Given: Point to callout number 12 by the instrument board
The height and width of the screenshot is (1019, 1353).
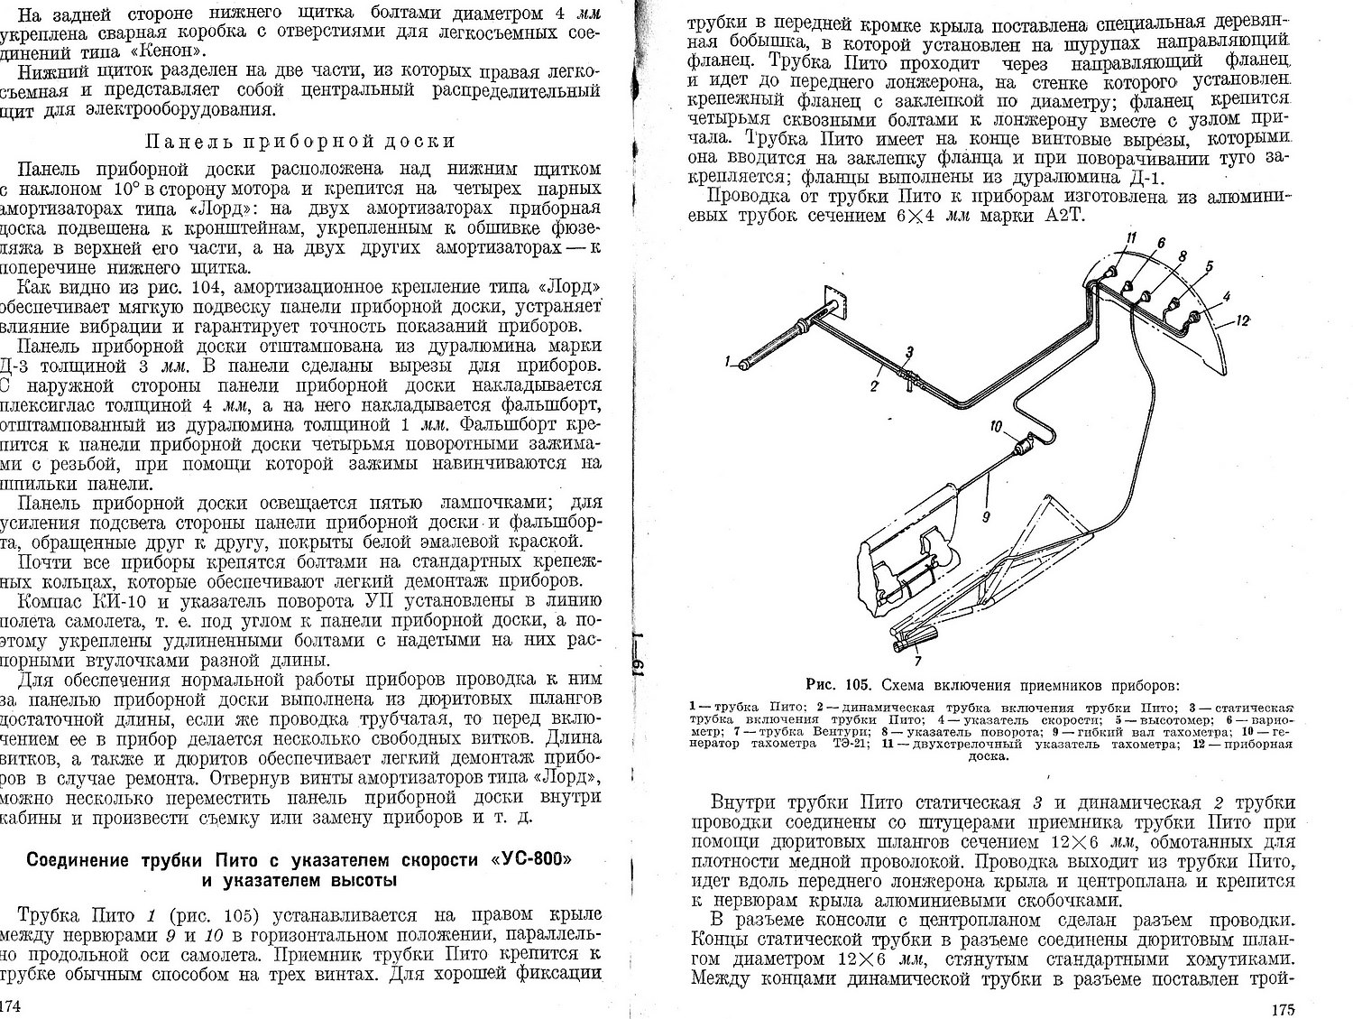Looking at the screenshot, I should click(x=1243, y=320).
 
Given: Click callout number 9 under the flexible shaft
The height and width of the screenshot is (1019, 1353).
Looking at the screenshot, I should click(x=986, y=517).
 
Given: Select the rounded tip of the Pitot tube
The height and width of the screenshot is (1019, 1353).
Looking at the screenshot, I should click(x=746, y=362).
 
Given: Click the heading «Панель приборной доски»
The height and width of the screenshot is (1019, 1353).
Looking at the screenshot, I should click(x=299, y=142).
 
